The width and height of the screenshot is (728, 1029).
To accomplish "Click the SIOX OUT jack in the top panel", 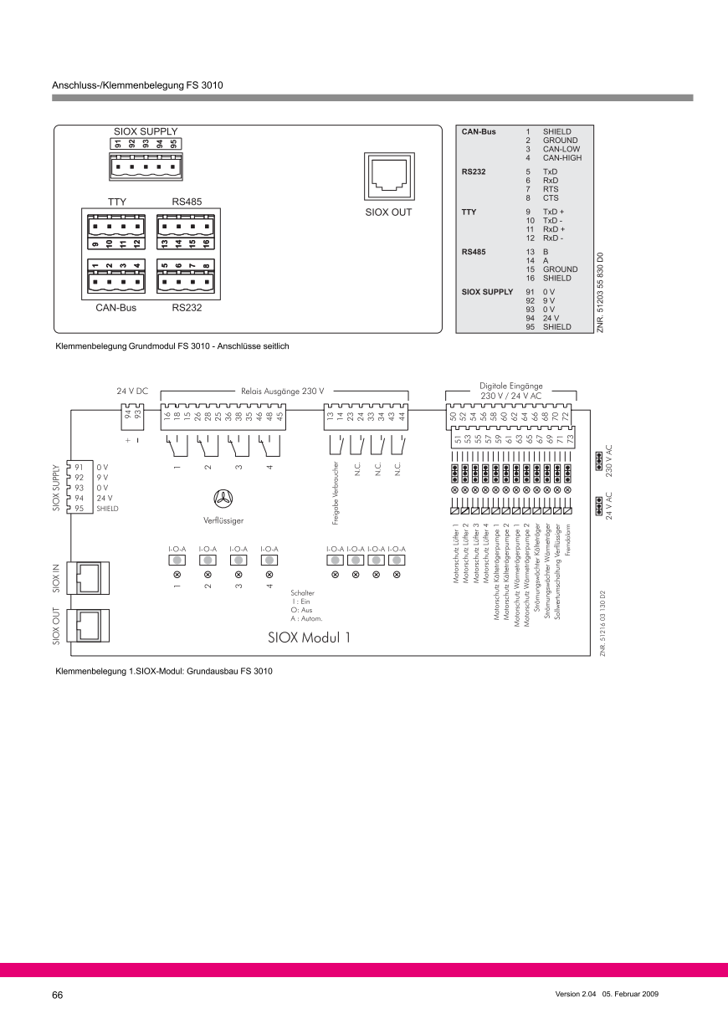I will [x=388, y=177].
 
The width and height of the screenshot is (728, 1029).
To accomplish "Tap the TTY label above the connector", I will [x=116, y=202].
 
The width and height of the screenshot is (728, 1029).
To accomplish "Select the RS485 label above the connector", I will [x=186, y=202].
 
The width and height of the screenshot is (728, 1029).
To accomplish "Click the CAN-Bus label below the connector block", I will [x=115, y=308].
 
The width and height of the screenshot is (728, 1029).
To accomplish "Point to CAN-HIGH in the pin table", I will [x=561, y=157].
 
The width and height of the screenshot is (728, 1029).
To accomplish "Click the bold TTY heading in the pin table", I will [x=469, y=212].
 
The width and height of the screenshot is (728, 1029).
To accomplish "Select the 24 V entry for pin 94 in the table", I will [x=551, y=319].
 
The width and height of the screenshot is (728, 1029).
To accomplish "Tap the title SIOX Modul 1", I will [x=309, y=613].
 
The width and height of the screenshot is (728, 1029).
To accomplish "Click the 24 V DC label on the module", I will [x=132, y=391].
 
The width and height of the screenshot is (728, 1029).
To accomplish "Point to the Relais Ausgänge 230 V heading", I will [x=282, y=391].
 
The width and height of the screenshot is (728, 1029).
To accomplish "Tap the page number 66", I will [x=58, y=995].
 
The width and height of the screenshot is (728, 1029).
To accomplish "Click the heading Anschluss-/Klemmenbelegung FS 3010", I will [x=137, y=84].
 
